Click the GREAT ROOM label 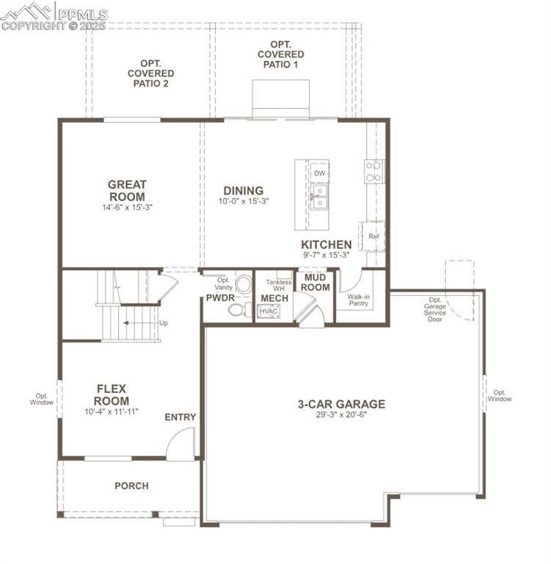(127, 191)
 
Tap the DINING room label (243, 191)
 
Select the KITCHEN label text (326, 245)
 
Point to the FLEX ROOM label (112, 395)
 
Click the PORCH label (131, 485)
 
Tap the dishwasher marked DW (319, 173)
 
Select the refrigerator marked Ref (373, 236)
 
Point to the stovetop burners (373, 171)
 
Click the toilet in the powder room (238, 310)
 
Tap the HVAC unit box (269, 311)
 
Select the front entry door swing (180, 445)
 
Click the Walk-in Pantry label (359, 301)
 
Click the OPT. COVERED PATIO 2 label (150, 73)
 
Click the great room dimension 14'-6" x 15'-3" (127, 208)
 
